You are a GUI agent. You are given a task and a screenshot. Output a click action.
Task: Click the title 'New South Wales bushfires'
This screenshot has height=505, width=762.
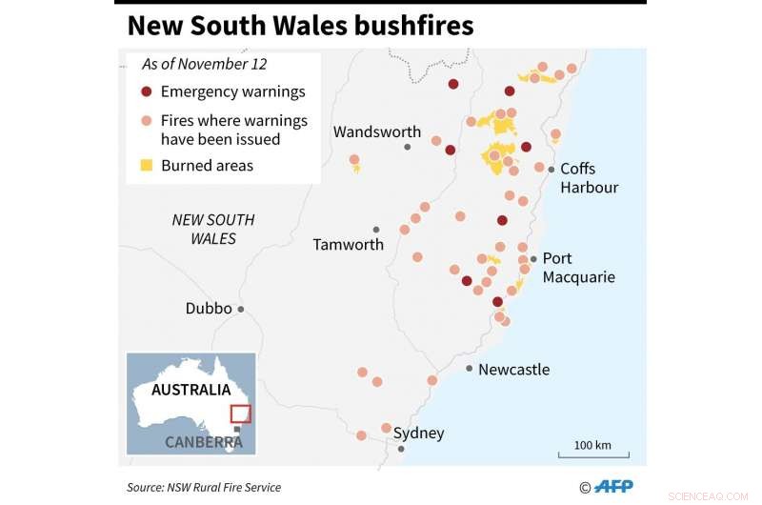point(300,26)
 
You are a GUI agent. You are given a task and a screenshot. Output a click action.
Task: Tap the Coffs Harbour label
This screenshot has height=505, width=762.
point(589,178)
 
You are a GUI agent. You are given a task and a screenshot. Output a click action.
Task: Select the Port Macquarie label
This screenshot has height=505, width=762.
point(578,268)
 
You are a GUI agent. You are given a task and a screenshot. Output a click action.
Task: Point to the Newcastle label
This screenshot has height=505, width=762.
point(513,370)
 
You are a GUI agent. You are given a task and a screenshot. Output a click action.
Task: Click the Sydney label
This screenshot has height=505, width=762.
point(419,434)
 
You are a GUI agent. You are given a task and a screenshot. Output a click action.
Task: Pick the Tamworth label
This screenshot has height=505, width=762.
point(349,245)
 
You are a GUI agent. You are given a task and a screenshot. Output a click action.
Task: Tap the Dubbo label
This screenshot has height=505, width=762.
point(209,309)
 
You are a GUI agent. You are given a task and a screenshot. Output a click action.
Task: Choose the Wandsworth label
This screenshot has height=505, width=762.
point(377,132)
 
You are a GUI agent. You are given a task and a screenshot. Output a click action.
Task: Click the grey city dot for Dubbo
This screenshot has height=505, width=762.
point(241,309)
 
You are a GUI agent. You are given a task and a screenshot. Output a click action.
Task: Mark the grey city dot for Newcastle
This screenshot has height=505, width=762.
point(470,368)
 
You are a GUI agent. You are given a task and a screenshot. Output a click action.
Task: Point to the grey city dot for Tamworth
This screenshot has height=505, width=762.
point(376,230)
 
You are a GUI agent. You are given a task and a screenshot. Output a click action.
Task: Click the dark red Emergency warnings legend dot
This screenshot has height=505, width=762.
point(146,92)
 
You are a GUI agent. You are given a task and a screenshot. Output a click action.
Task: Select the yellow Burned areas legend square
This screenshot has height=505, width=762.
point(146,166)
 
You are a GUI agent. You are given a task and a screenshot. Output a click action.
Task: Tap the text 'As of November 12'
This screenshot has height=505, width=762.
point(204,65)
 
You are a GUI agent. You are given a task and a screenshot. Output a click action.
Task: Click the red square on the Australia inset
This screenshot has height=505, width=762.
point(240,414)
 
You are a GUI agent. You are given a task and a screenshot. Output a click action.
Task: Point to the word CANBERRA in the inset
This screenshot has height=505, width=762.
point(203,442)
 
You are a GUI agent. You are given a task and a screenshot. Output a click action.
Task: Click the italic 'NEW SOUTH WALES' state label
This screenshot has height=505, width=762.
point(213,229)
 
